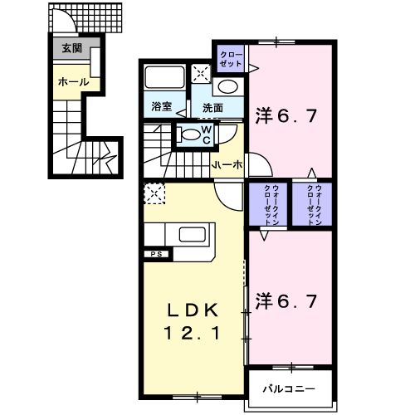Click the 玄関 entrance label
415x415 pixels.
(71, 48)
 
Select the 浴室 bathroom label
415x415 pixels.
(162, 106)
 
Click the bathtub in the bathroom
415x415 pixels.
(164, 79)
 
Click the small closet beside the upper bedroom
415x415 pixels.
(230, 59)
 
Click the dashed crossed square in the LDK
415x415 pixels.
(154, 193)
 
